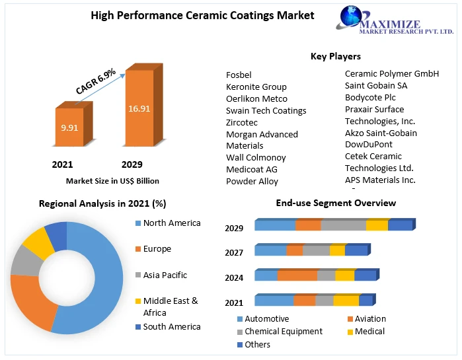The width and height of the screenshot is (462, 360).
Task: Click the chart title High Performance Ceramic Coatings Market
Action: pos(202,15)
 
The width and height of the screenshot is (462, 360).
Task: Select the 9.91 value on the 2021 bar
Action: pos(69,127)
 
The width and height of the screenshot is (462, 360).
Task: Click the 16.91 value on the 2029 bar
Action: pos(139,109)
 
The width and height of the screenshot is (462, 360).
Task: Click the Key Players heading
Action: pos(336,56)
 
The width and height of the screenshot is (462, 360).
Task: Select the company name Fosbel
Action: pos(239,75)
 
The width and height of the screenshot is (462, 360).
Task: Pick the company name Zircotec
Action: pos(242,122)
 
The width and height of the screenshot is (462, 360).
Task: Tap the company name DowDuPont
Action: pos(368,144)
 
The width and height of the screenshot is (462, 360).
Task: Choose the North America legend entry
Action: pos(171,223)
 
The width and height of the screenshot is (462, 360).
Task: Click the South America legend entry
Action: pos(171,327)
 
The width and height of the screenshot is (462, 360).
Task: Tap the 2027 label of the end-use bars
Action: pos(234,252)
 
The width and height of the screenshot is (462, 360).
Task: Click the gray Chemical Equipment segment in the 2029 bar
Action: pos(343,225)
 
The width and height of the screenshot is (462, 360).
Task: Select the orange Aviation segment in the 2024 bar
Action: pos(297,275)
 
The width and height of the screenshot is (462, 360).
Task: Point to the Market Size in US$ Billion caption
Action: pos(112,180)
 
